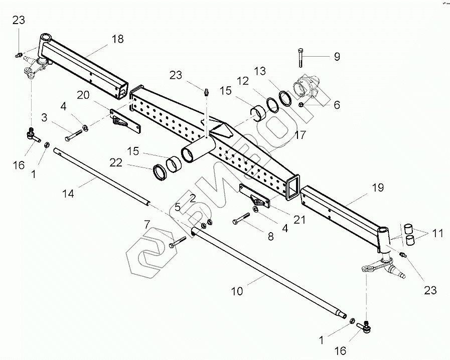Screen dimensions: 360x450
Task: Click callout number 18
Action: [x=118, y=39]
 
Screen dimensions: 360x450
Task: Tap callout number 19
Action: [x=378, y=188]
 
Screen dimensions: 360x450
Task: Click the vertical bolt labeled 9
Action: [x=299, y=58]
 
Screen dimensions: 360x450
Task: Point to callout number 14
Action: [x=68, y=193]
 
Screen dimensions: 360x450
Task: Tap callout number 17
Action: [x=300, y=135]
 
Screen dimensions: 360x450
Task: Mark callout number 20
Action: [x=83, y=96]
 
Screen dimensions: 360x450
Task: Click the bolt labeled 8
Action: [x=241, y=220]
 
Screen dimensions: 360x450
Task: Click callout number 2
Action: [x=192, y=198]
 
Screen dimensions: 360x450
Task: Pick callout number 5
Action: [x=177, y=208]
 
